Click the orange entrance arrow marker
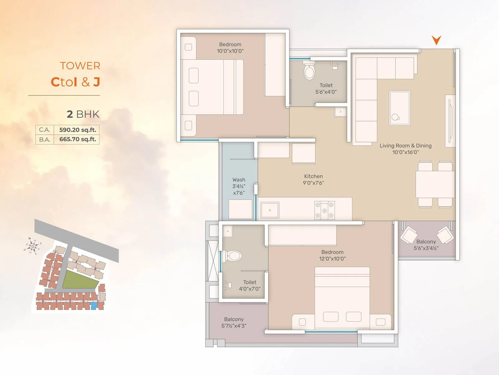[x=436, y=40]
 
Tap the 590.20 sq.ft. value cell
[x=77, y=130]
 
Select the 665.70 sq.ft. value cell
[x=77, y=139]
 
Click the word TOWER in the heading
[x=80, y=66]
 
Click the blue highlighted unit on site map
[x=94, y=306]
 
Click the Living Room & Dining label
[x=405, y=146]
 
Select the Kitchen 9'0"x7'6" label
[x=313, y=179]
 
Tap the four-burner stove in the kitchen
[x=324, y=210]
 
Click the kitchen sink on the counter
[x=270, y=210]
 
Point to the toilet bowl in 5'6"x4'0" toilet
[x=309, y=71]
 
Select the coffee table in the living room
[x=400, y=108]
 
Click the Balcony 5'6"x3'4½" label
[x=426, y=245]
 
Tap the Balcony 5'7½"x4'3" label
[x=234, y=322]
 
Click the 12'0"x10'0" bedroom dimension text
[x=332, y=259]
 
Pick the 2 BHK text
[x=83, y=114]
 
